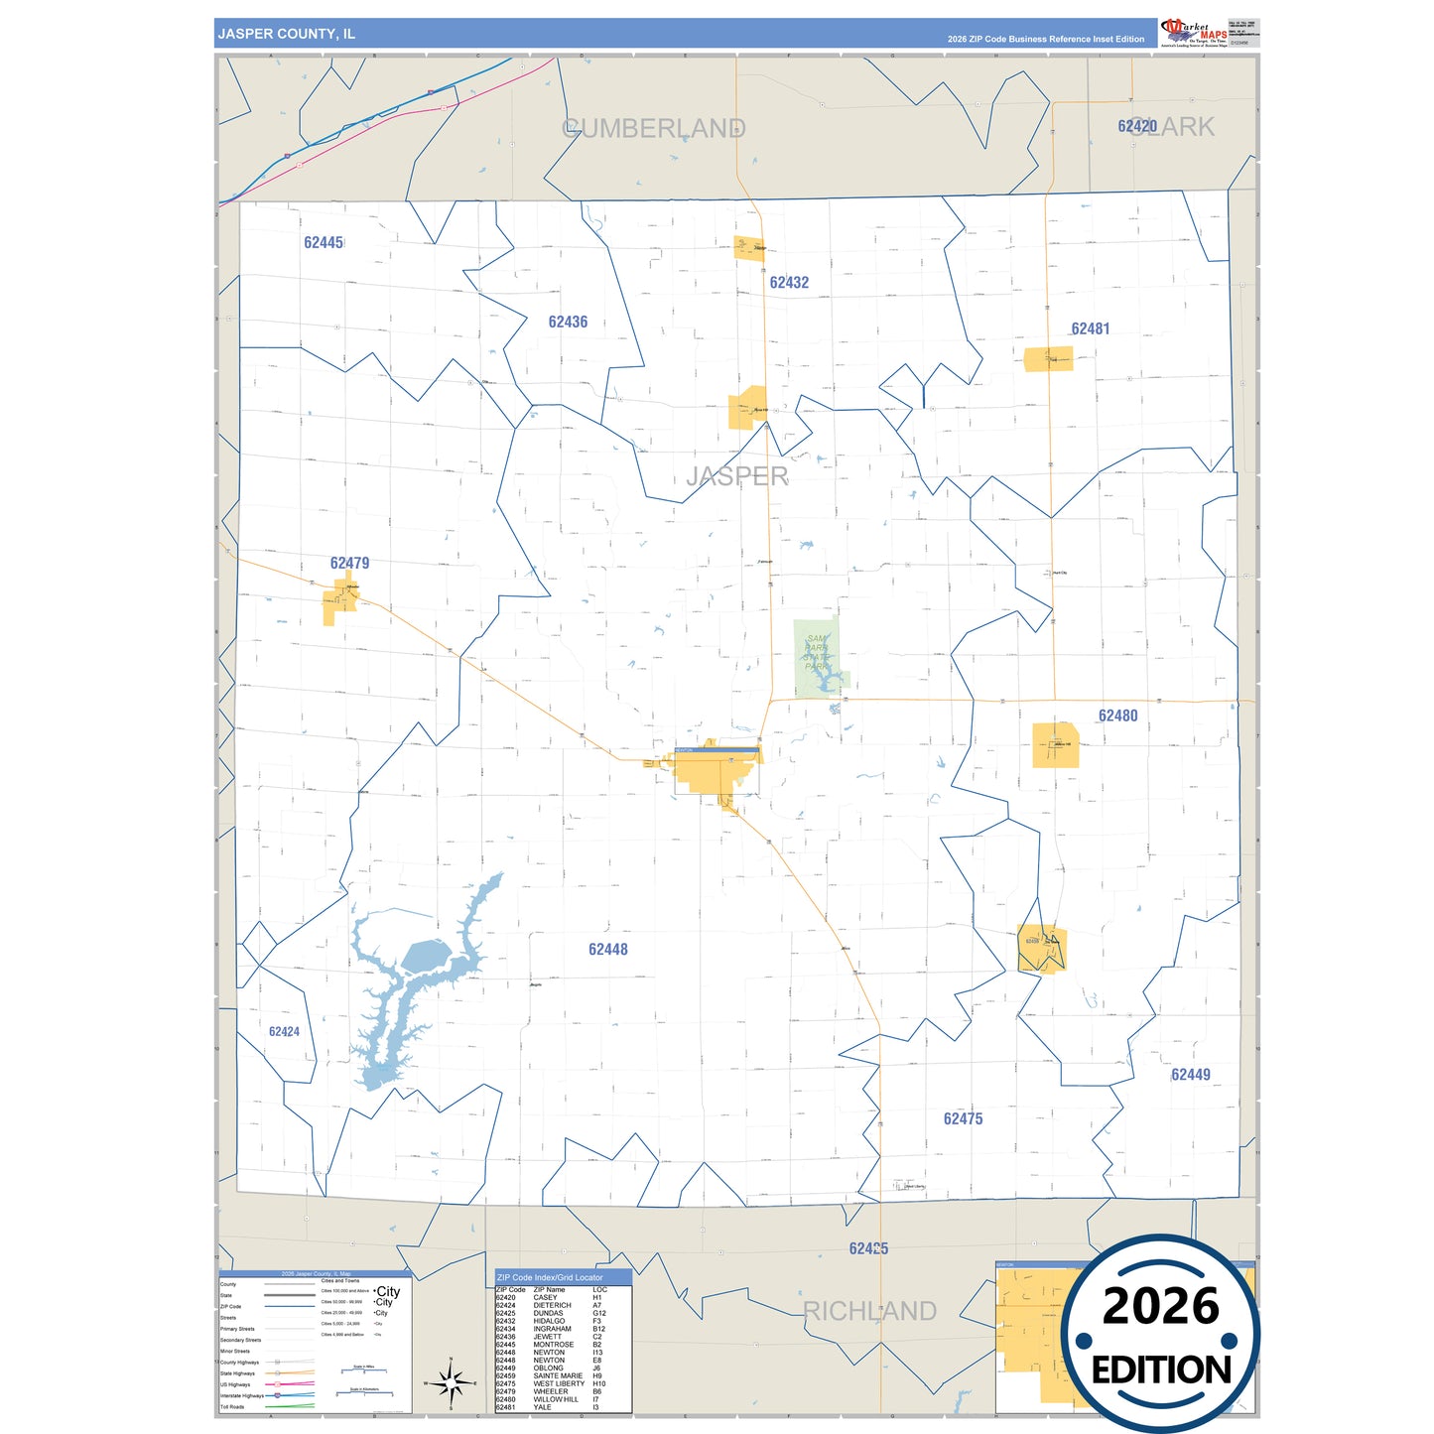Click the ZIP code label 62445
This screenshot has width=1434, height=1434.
coord(324,243)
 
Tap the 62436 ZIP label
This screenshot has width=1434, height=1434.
coord(568,323)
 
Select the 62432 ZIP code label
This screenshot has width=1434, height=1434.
coord(789,283)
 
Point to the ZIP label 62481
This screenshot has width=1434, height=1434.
coord(1090,328)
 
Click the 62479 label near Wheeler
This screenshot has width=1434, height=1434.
coord(349,564)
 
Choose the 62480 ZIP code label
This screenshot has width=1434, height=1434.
coord(1117,716)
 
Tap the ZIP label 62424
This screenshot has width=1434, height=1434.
coord(284,1032)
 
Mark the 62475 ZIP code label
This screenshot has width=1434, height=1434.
coord(963,1119)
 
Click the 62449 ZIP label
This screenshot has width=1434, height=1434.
coord(1190,1075)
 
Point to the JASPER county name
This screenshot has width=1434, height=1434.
coord(737,476)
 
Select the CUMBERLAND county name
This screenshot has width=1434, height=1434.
coord(654,129)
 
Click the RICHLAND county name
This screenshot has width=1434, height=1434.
coord(869,1311)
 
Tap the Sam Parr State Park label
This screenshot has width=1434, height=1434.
coord(817,653)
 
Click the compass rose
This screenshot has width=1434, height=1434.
coord(451,1381)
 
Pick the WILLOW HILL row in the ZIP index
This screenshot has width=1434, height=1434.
coord(555,1399)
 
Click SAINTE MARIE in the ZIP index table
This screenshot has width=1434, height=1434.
coord(558,1375)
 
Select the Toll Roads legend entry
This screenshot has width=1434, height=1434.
coord(232,1406)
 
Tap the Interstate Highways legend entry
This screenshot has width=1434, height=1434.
coord(242,1395)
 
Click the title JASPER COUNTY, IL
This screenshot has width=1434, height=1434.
coord(287,34)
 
